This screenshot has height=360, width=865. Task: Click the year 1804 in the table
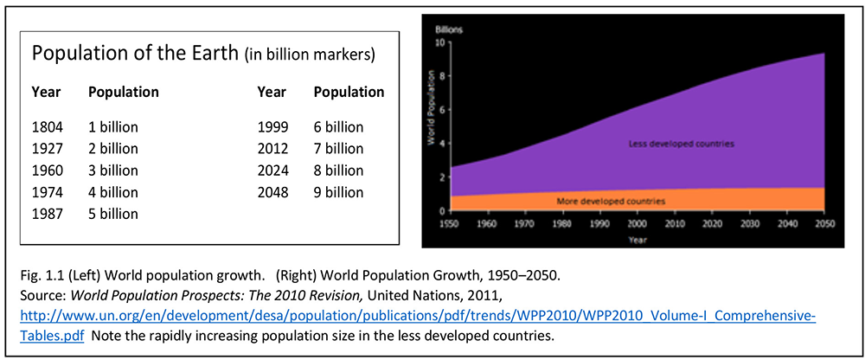[48, 127]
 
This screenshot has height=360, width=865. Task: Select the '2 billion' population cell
[113, 149]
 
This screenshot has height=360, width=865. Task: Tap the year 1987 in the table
[48, 214]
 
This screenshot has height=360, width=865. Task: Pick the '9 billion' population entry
[339, 192]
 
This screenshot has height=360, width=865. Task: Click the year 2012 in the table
[273, 149]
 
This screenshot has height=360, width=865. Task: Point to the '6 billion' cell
[339, 127]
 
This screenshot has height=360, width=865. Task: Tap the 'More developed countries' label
[612, 201]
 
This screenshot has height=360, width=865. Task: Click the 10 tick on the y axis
[440, 42]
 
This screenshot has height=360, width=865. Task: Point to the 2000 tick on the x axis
[637, 225]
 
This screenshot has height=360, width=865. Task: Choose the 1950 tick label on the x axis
[451, 225]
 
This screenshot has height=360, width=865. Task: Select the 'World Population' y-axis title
[431, 107]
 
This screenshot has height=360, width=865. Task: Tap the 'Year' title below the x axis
[637, 240]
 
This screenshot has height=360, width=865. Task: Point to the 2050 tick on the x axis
[823, 225]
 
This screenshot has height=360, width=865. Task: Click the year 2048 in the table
[273, 192]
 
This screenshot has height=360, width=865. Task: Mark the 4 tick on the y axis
[442, 144]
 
